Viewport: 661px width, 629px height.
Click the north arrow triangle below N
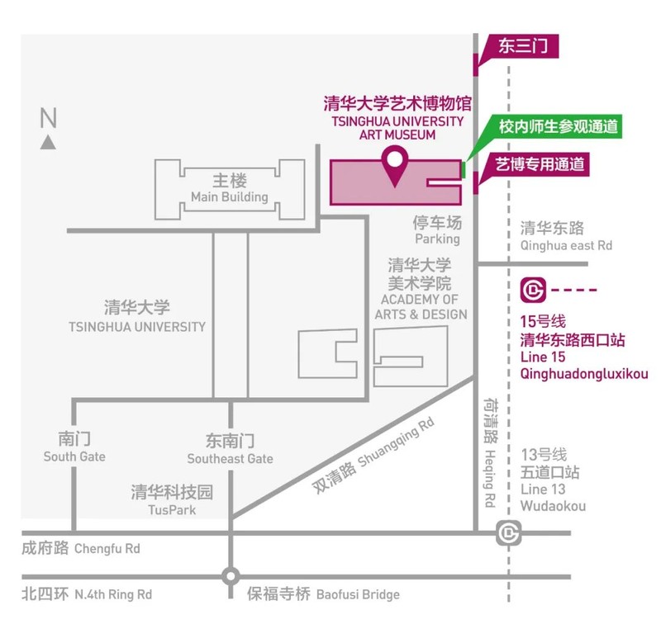(x=49, y=142)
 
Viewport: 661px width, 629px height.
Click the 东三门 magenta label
(x=523, y=47)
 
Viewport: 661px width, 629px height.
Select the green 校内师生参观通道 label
(x=559, y=127)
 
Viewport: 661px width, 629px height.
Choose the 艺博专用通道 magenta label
(x=540, y=164)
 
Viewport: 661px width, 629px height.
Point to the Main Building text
(x=229, y=197)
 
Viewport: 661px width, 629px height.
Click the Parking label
(x=437, y=239)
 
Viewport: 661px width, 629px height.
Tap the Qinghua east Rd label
(x=566, y=245)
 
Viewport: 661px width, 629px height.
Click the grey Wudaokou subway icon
(x=507, y=534)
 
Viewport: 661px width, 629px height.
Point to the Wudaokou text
(x=553, y=505)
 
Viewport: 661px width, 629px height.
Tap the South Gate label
(x=74, y=456)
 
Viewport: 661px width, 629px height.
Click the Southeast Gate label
(x=230, y=459)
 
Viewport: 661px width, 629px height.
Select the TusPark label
(x=172, y=510)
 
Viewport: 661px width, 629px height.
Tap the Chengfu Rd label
(x=107, y=548)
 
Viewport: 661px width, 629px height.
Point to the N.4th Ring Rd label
(x=113, y=594)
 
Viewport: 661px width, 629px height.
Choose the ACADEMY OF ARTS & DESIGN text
(x=421, y=306)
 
